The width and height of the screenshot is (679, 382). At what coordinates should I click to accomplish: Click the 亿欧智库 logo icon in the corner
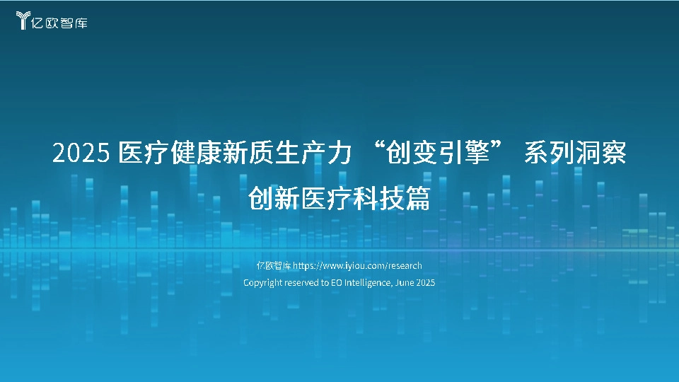[x=23, y=21]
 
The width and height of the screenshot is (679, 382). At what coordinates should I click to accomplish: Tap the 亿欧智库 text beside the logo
[x=60, y=22]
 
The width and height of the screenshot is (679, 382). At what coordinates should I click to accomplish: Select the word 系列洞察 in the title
[x=574, y=153]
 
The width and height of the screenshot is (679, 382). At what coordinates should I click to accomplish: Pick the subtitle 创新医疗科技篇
[x=339, y=199]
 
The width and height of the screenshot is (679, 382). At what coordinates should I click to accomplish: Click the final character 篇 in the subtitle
[x=417, y=199]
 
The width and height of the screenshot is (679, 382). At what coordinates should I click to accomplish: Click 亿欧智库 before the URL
[x=274, y=266]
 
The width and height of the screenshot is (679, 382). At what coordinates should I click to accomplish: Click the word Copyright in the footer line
[x=263, y=282]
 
